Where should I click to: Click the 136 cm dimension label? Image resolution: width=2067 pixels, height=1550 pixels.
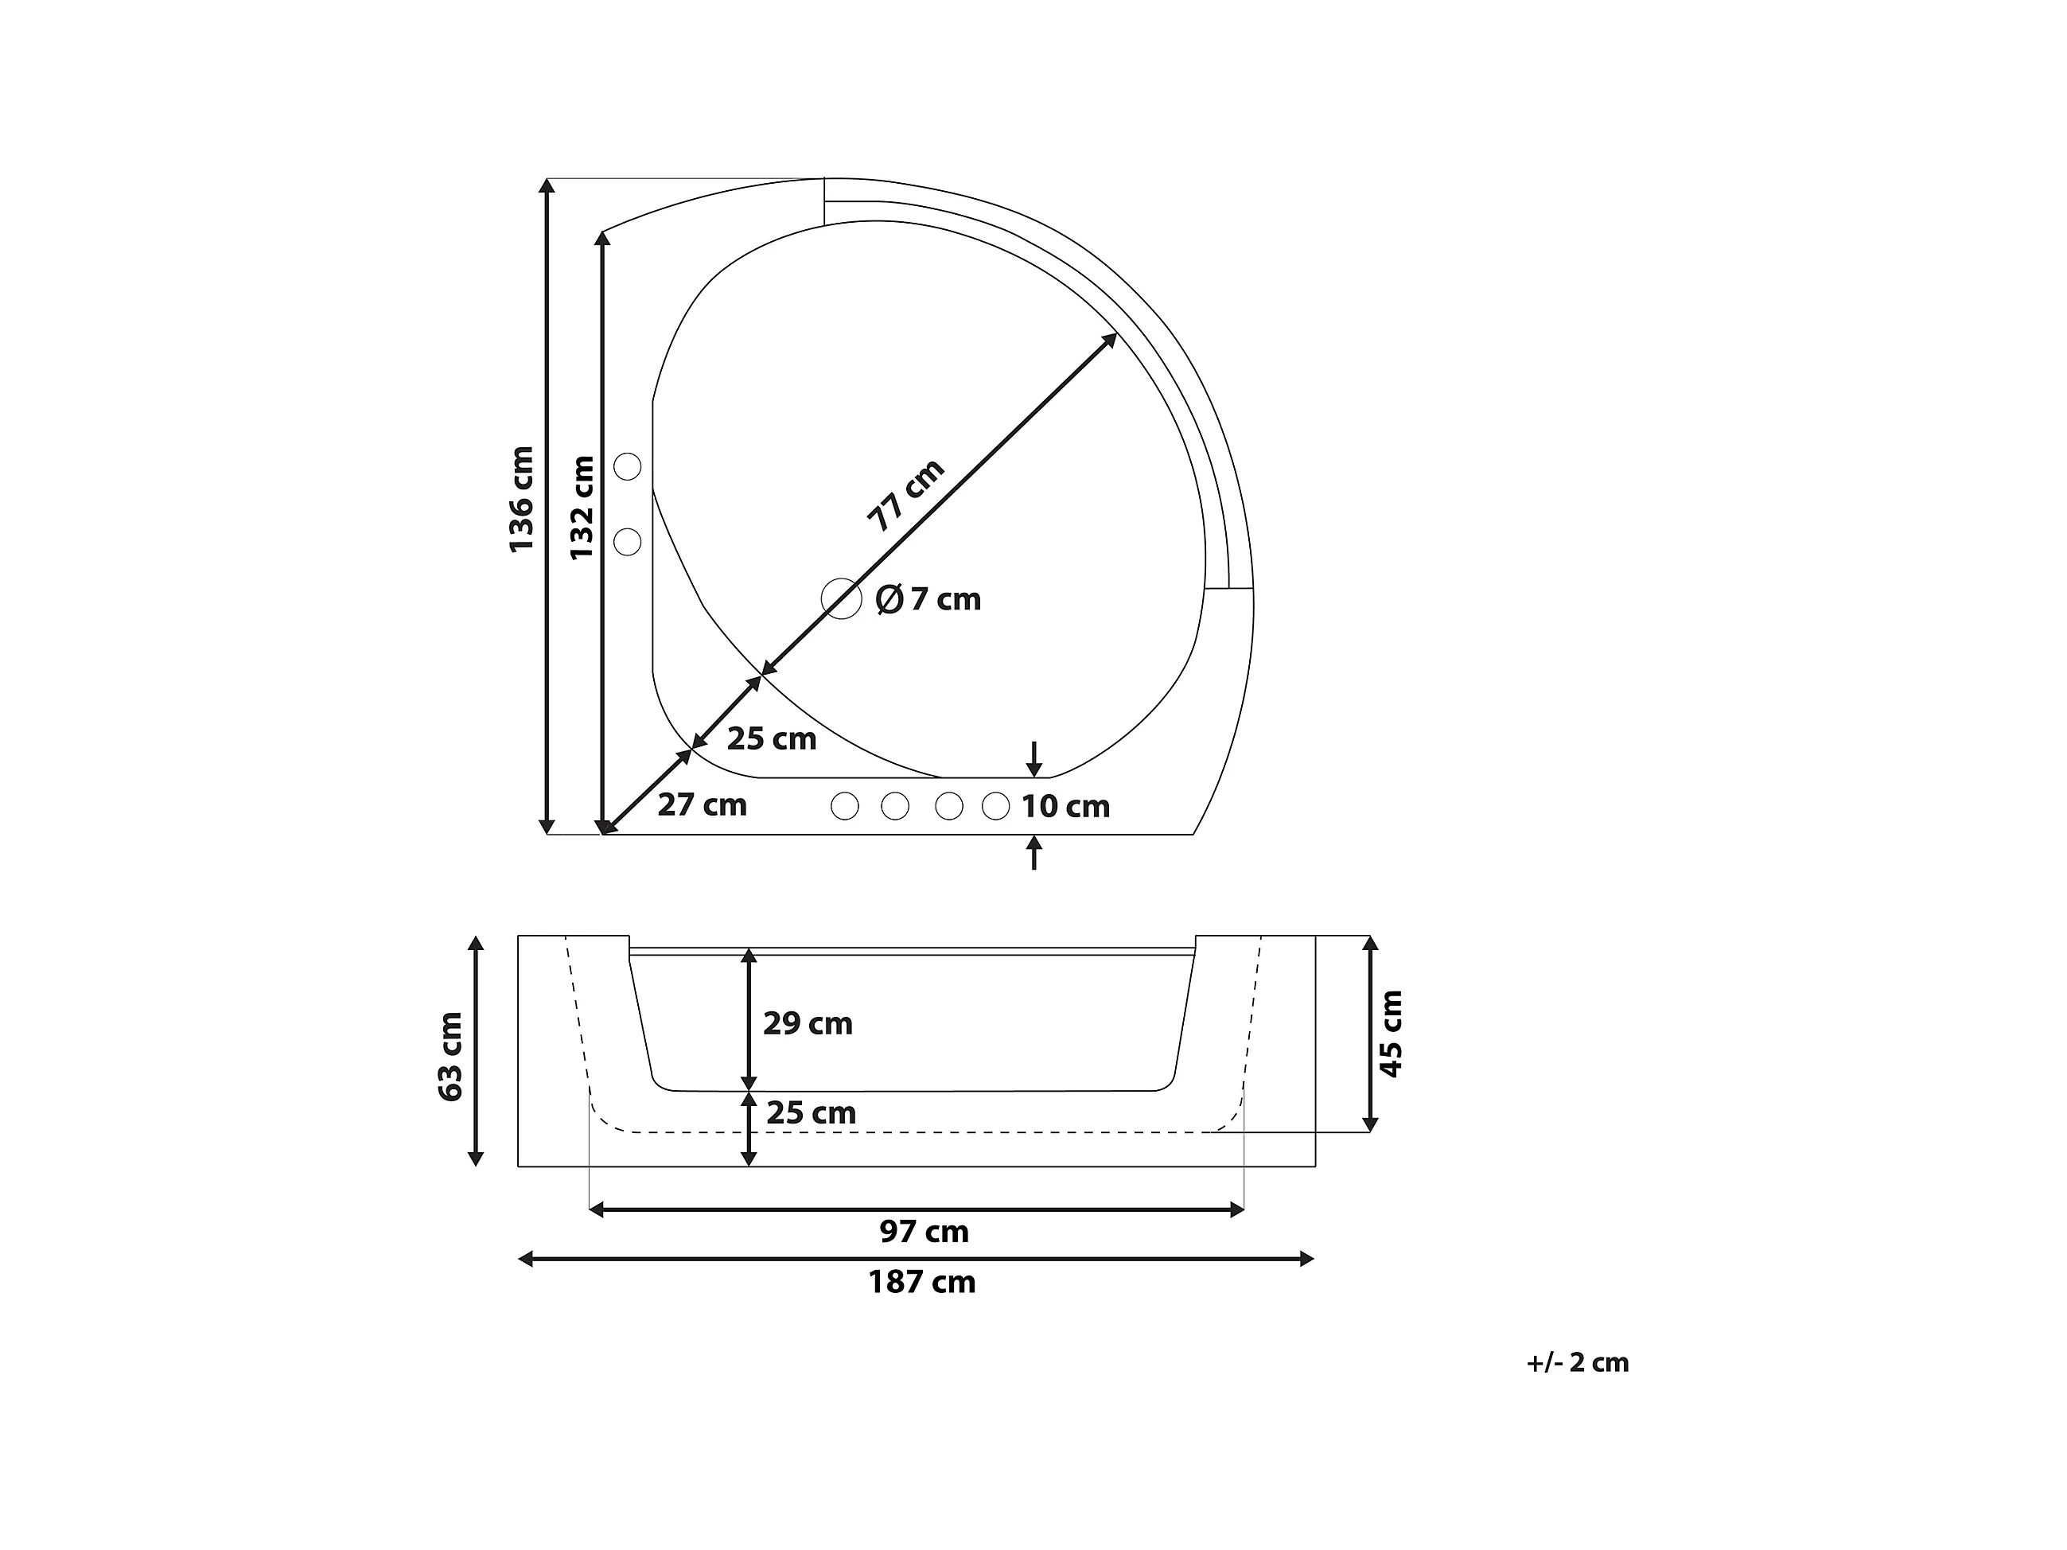(521, 499)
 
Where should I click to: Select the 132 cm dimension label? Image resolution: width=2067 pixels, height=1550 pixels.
(582, 508)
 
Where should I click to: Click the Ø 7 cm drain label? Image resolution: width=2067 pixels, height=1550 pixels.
(928, 599)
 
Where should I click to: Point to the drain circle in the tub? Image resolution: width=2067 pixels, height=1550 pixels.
(841, 598)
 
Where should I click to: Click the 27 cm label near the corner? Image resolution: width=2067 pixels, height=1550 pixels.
(702, 804)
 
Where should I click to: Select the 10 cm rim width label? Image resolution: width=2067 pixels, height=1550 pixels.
(1065, 806)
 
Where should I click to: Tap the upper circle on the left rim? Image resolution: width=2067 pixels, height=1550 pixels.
(627, 465)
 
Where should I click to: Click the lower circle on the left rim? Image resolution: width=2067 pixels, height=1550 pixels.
(627, 541)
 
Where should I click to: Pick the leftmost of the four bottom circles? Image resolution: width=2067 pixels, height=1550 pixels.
(845, 806)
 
